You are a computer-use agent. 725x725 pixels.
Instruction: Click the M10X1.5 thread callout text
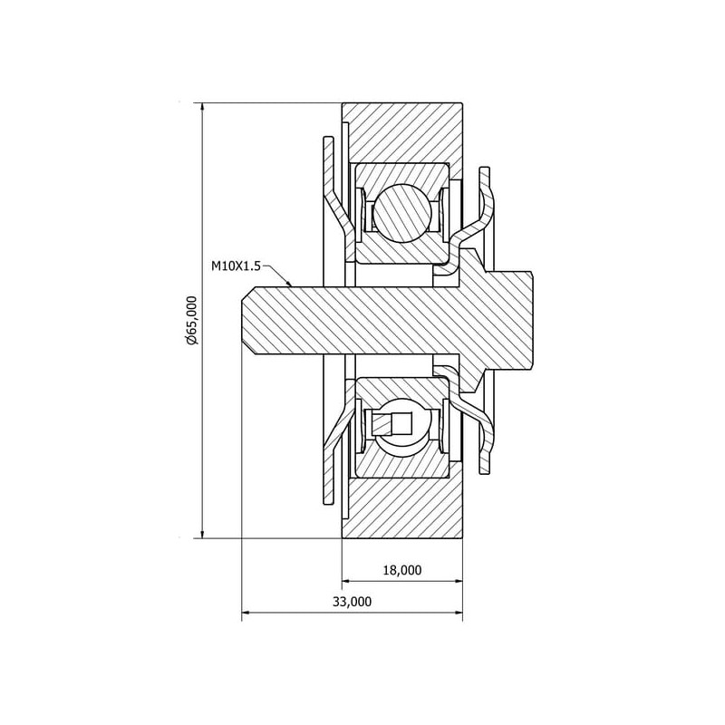tap(236, 266)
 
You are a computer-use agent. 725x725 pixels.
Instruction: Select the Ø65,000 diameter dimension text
tap(191, 320)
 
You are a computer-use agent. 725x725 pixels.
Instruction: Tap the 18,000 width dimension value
tap(402, 570)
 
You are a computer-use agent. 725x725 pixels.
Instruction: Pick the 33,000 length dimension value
tap(352, 602)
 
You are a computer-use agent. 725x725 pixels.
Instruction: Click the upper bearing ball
tap(402, 212)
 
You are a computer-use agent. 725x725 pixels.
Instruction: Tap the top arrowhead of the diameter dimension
tap(202, 107)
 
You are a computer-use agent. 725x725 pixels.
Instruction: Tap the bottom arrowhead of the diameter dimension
tap(202, 533)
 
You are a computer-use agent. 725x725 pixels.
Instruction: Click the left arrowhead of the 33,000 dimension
tap(246, 613)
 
